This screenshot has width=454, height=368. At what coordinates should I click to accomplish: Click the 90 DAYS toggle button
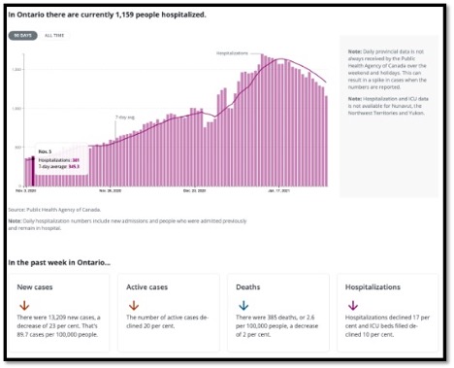[x=21, y=35]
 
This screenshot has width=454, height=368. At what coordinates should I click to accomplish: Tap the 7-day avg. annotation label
[x=125, y=117]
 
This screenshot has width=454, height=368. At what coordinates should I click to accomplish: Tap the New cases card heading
[x=37, y=287]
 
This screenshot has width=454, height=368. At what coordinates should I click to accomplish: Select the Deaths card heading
[x=249, y=287]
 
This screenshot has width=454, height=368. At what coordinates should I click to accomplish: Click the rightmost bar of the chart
[x=326, y=141]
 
